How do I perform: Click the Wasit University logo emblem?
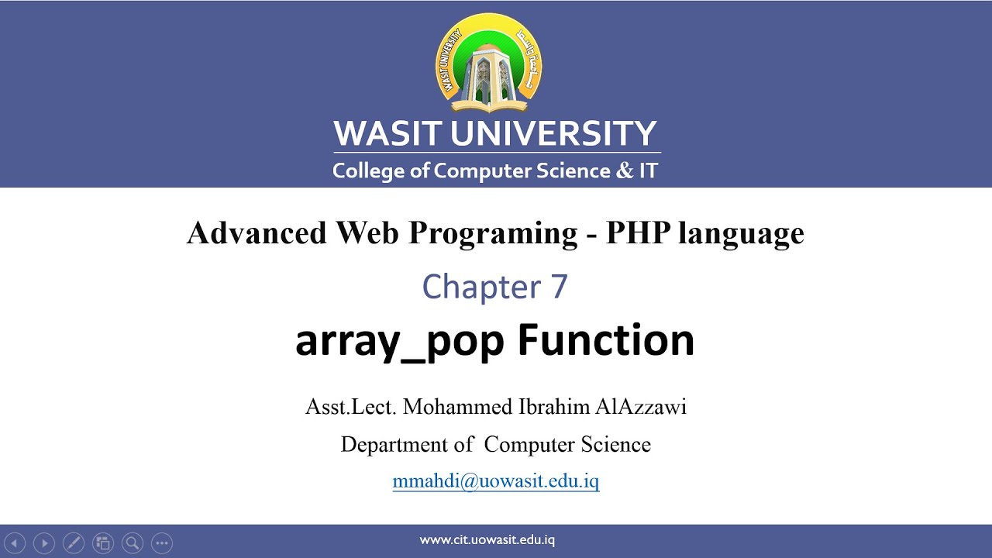(x=489, y=64)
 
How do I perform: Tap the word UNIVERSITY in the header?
(x=553, y=134)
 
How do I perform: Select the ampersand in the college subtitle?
(x=624, y=170)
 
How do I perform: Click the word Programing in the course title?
(x=493, y=232)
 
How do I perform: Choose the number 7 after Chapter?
(x=559, y=287)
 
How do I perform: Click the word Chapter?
(x=480, y=287)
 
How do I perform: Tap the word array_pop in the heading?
(x=399, y=341)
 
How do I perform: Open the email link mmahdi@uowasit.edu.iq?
(x=496, y=481)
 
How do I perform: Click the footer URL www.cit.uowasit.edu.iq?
(x=487, y=540)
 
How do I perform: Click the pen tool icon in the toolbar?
(x=73, y=543)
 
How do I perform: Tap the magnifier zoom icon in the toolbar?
(x=132, y=543)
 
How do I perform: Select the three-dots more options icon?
(x=161, y=543)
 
